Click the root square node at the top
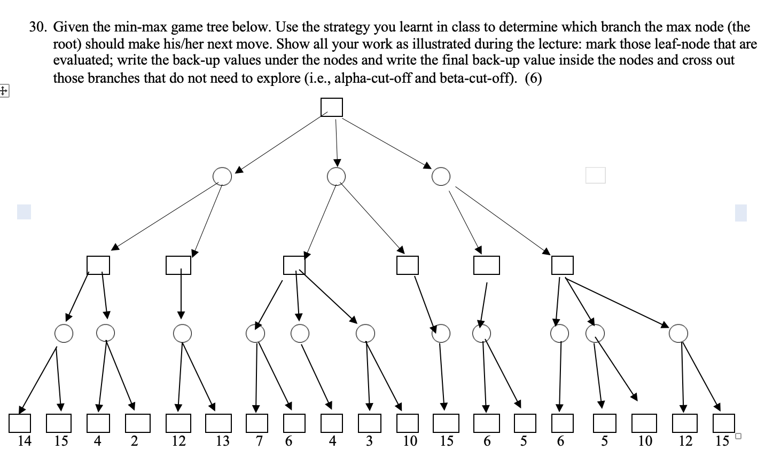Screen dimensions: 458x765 click(x=331, y=107)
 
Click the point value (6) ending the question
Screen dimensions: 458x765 click(x=533, y=78)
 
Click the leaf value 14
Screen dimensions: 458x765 click(x=25, y=441)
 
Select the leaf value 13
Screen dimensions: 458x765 click(x=222, y=441)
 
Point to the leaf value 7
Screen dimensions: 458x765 click(x=259, y=441)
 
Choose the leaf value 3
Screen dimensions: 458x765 click(x=369, y=441)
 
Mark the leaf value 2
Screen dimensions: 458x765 click(x=134, y=441)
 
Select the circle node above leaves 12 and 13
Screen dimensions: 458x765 click(x=182, y=334)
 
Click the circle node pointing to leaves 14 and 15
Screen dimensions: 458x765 click(x=64, y=334)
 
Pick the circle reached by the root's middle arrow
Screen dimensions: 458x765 click(x=336, y=176)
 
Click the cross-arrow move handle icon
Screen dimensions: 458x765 click(x=4, y=91)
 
